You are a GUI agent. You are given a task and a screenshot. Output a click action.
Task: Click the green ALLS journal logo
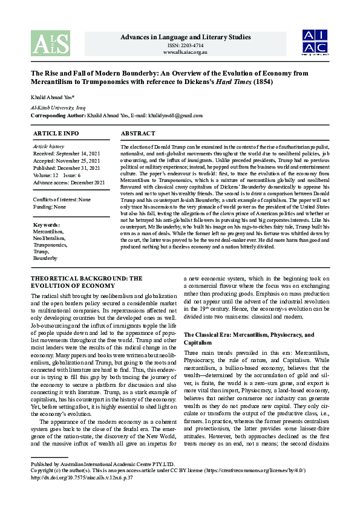point(50,44)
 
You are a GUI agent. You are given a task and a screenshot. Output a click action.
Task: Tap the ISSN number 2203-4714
point(186,46)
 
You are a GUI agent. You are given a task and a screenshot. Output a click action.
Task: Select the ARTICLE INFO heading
point(56,133)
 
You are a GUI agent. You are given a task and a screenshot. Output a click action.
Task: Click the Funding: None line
point(49,206)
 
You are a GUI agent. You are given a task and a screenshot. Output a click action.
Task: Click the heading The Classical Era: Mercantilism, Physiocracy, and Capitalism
point(249,338)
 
